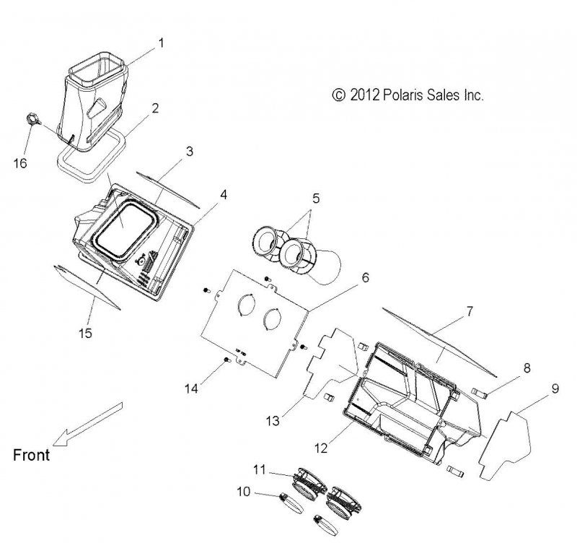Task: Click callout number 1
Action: click(161, 43)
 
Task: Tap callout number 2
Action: click(155, 109)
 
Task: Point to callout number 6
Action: click(365, 277)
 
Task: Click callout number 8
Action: click(527, 368)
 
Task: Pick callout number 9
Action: click(555, 388)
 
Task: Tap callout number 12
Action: click(320, 448)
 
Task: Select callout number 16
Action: click(20, 163)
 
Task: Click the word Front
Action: click(31, 455)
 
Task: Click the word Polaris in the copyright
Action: click(395, 95)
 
